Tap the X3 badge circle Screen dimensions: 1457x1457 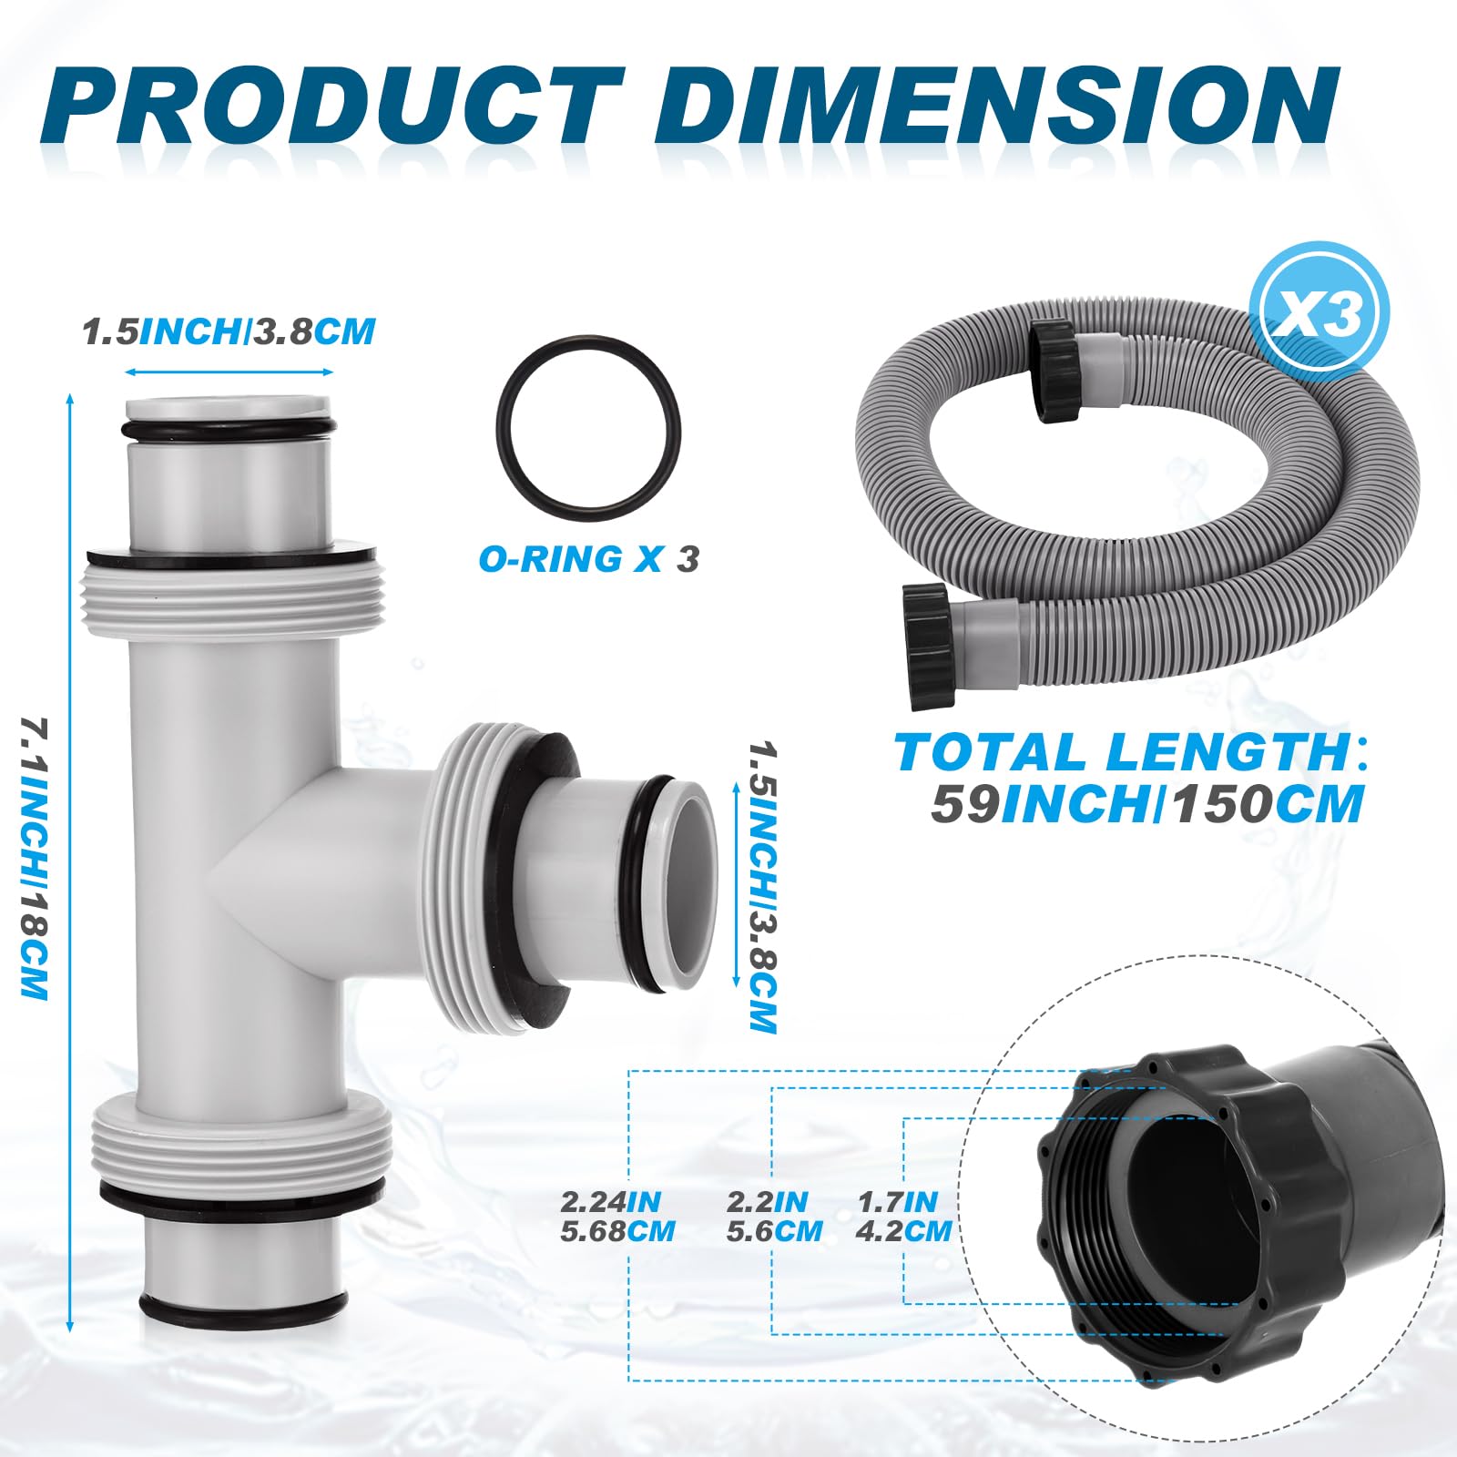[x=1321, y=313]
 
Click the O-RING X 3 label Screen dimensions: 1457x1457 [x=589, y=558]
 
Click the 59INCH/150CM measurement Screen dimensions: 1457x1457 [x=1147, y=804]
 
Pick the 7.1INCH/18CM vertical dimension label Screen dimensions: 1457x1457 [x=34, y=858]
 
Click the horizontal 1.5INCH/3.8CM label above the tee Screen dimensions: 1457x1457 [x=229, y=331]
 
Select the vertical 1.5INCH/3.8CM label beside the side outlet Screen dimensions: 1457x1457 [x=761, y=886]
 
